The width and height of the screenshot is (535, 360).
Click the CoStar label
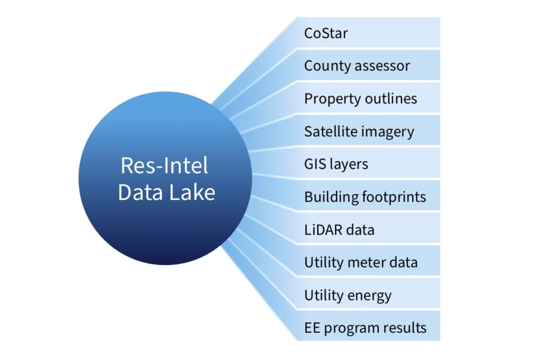click(326, 33)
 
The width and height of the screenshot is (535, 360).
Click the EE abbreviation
click(312, 328)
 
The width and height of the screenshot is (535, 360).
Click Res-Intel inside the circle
click(165, 166)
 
